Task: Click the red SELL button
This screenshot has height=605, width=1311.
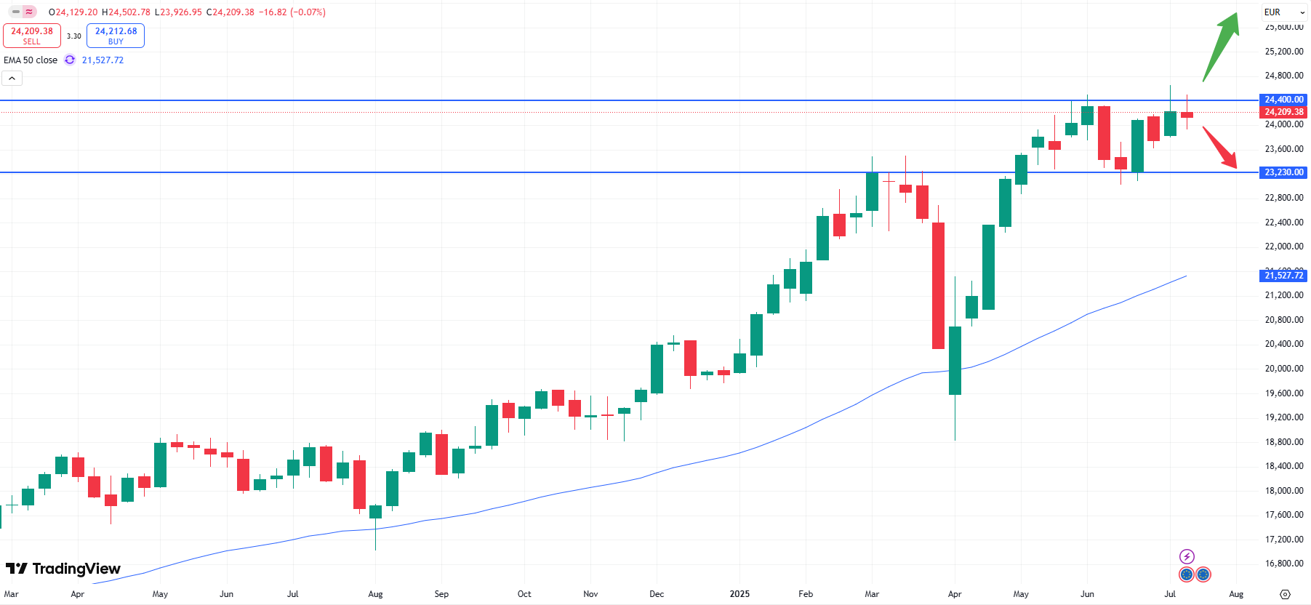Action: click(32, 36)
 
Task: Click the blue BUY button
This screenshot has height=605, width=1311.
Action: click(116, 36)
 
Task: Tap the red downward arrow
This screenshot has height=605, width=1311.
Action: click(1220, 148)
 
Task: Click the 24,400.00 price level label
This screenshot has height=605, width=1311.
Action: click(1283, 100)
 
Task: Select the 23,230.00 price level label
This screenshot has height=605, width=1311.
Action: click(1283, 172)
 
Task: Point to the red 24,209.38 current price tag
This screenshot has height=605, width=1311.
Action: click(1283, 112)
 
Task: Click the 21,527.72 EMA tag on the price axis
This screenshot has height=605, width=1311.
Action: click(1283, 276)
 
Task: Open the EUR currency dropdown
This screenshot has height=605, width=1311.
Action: click(1284, 12)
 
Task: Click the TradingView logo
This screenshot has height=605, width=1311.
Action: click(63, 569)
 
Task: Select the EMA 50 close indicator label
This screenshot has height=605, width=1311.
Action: click(31, 60)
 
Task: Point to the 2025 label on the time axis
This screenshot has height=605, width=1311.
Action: click(739, 594)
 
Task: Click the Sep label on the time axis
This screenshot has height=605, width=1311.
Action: click(441, 594)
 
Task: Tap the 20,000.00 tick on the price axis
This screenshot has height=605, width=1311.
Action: click(1283, 369)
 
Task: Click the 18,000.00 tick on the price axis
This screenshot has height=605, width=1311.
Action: click(1283, 491)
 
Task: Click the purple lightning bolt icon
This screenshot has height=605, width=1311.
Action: click(1187, 557)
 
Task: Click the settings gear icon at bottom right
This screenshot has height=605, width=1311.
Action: click(1285, 594)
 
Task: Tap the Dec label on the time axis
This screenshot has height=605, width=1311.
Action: click(657, 594)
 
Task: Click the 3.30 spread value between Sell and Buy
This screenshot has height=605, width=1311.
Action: click(74, 36)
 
